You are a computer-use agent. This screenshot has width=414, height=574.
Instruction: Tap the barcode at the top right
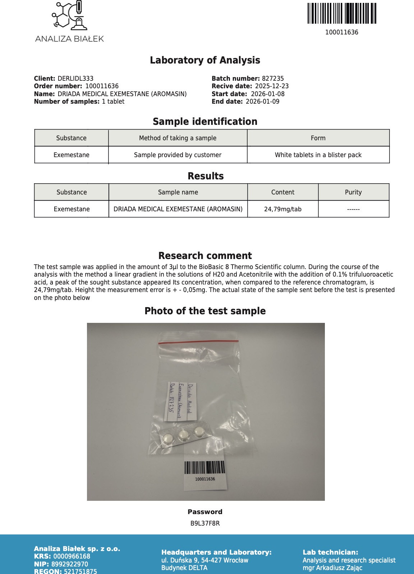pyautogui.click(x=341, y=14)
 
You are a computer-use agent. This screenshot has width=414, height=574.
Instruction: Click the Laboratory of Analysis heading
pyautogui.click(x=205, y=60)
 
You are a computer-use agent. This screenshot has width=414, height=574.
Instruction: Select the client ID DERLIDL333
pyautogui.click(x=75, y=79)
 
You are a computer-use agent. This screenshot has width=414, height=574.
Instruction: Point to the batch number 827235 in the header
pyautogui.click(x=273, y=79)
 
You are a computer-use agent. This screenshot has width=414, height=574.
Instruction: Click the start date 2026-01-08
pyautogui.click(x=268, y=94)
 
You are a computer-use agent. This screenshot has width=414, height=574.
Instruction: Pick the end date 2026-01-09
pyautogui.click(x=262, y=102)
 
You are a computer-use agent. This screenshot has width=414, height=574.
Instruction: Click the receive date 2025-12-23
pyautogui.click(x=272, y=86)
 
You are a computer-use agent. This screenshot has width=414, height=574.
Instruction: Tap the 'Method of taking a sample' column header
pyautogui.click(x=178, y=138)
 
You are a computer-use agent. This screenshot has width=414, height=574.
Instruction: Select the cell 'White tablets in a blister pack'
pyautogui.click(x=318, y=155)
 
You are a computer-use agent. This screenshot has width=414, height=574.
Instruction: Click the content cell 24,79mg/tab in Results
pyautogui.click(x=283, y=209)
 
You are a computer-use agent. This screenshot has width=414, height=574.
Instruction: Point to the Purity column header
pyautogui.click(x=353, y=192)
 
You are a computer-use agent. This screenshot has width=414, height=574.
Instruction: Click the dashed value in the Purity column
pyautogui.click(x=353, y=209)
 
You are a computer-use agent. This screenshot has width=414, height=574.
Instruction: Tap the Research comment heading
pyautogui.click(x=205, y=256)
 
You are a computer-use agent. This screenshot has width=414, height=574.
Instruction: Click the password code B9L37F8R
pyautogui.click(x=205, y=523)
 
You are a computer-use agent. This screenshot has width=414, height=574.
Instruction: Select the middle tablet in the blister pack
pyautogui.click(x=184, y=435)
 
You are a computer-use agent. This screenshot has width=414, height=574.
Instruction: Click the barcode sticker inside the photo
pyautogui.click(x=205, y=471)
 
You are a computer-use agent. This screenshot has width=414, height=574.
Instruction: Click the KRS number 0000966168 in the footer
pyautogui.click(x=72, y=556)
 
